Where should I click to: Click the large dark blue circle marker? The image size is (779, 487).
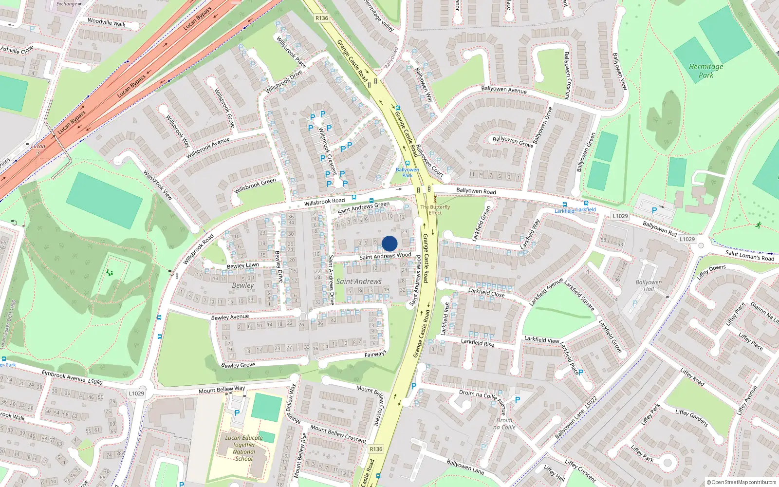point(389,243)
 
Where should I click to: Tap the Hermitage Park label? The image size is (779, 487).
point(706,71)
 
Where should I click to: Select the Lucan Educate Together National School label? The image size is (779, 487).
point(244,448)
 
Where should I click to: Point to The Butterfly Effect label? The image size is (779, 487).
point(435,209)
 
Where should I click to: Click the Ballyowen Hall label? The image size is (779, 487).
point(649,285)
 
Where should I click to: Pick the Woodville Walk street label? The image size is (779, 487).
point(106,22)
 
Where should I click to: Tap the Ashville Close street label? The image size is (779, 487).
point(17,50)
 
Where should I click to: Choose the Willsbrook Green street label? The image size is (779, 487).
point(255,186)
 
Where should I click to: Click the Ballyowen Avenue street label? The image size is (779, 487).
point(503,90)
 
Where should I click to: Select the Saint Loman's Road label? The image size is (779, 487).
point(749,255)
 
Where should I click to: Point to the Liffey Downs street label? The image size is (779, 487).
point(711,271)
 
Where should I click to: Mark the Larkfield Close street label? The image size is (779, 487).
point(486,293)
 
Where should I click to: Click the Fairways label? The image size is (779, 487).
point(375,354)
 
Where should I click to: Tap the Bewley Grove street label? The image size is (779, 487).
point(238,365)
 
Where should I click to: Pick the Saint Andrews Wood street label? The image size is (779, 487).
point(385,256)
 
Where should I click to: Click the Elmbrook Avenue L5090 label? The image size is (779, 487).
point(72,377)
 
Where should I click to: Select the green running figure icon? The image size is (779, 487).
point(758,225)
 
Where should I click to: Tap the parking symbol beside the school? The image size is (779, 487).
point(237,412)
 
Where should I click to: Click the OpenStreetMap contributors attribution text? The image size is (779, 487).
point(742,482)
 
